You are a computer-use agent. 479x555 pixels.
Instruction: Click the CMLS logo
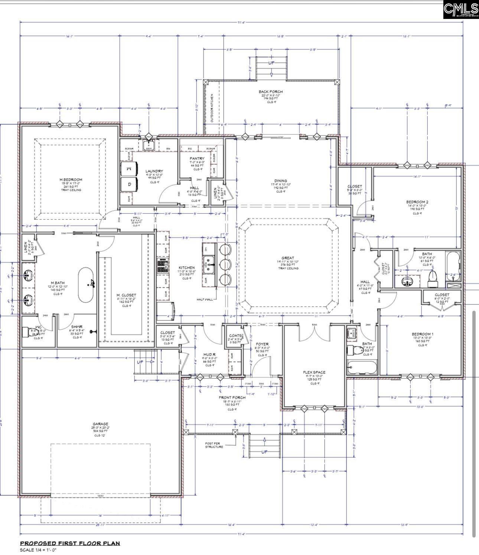(460, 9)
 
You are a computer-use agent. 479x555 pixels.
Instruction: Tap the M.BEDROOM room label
(71, 180)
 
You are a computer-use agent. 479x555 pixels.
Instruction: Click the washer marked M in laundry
(129, 169)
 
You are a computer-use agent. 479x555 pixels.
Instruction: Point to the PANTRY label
(197, 159)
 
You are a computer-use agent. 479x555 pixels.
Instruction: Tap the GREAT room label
(287, 258)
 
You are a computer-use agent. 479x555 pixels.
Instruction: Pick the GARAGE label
(100, 424)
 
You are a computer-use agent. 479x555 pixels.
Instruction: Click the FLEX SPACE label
(314, 372)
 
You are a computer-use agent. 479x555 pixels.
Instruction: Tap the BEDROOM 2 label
(417, 202)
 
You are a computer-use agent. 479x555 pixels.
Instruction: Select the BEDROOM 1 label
(422, 334)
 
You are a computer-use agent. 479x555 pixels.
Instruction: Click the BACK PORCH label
(271, 92)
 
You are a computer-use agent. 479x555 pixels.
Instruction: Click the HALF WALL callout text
(205, 299)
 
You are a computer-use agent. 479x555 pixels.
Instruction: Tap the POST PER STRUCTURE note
(214, 445)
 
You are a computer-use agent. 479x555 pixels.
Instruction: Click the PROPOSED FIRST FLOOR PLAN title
(70, 543)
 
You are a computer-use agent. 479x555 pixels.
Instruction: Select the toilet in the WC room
(28, 332)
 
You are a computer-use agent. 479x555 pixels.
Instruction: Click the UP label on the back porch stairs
(271, 63)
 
